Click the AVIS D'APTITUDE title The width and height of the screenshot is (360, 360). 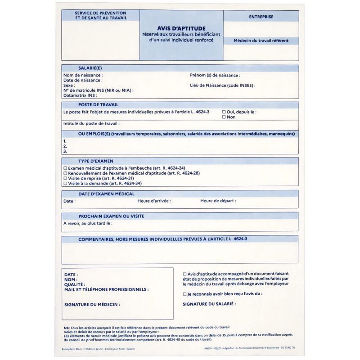181,28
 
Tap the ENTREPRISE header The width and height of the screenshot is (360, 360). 261,17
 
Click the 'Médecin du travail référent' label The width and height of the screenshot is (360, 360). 261,41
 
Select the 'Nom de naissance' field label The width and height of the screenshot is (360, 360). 83,75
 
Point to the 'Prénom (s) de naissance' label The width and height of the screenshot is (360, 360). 215,75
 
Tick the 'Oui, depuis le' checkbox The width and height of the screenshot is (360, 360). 224,112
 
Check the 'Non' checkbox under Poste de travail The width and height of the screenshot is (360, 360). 224,117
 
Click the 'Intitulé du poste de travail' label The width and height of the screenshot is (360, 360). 91,123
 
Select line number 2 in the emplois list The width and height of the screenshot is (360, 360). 65,146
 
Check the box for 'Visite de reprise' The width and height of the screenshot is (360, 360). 65,178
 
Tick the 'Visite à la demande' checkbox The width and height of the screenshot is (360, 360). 65,184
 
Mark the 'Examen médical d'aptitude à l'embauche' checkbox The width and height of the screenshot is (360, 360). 65,167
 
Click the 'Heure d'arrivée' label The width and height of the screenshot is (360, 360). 154,201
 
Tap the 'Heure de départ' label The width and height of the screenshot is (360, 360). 218,201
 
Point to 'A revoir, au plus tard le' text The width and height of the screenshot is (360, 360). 88,223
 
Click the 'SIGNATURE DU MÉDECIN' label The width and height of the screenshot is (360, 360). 92,305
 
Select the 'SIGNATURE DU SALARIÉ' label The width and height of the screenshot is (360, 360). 209,304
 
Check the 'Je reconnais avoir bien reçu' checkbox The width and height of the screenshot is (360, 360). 184,294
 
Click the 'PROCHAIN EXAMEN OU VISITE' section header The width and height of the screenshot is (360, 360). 111,216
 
